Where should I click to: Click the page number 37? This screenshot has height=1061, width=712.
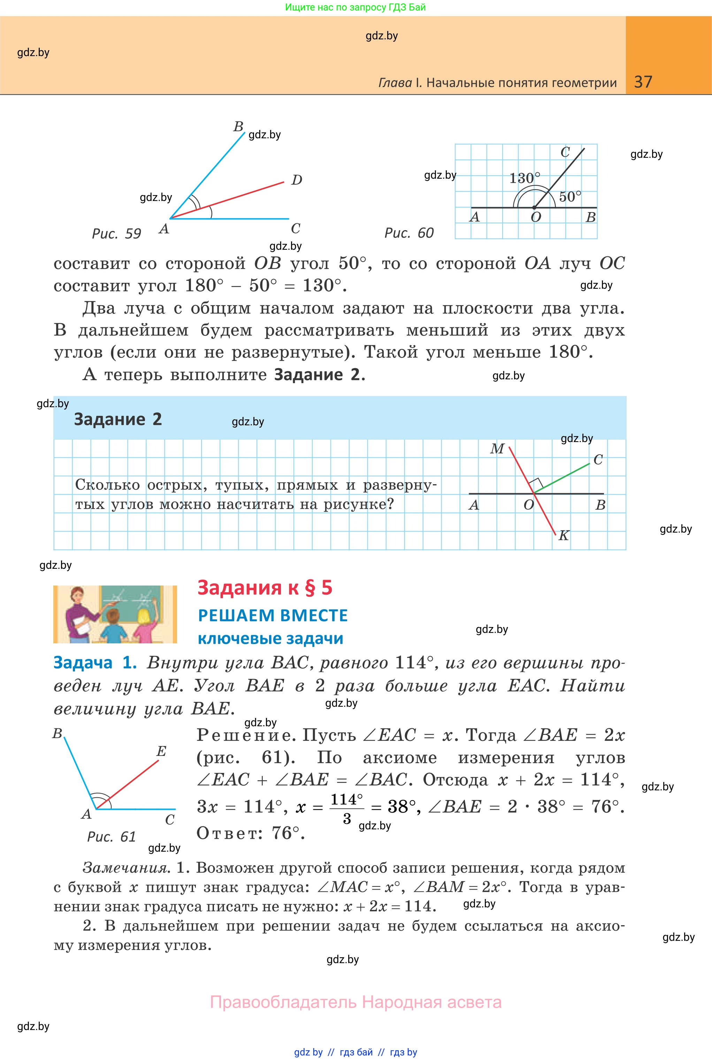(x=643, y=82)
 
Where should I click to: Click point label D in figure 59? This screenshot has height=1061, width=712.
(x=297, y=180)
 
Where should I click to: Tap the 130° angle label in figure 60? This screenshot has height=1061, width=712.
(x=525, y=178)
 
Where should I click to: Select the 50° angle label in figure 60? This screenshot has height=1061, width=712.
(x=570, y=196)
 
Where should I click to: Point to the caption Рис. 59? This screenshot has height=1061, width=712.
(x=116, y=233)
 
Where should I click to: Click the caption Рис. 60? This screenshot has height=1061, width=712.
(x=409, y=233)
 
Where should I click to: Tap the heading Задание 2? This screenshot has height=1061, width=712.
(x=117, y=419)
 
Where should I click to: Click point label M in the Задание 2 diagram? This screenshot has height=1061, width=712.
(x=497, y=449)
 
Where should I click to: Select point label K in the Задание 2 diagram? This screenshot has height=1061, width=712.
(x=564, y=535)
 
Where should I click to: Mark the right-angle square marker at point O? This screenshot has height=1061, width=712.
(x=537, y=484)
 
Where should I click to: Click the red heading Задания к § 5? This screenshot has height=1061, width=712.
(x=265, y=587)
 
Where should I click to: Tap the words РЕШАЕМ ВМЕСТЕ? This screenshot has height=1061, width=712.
(x=273, y=615)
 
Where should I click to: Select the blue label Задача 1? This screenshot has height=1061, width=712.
(x=95, y=663)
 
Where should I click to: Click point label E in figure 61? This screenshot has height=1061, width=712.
(x=161, y=751)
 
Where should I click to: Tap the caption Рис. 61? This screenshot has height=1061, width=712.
(x=111, y=836)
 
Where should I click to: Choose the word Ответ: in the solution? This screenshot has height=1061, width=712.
(x=229, y=833)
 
